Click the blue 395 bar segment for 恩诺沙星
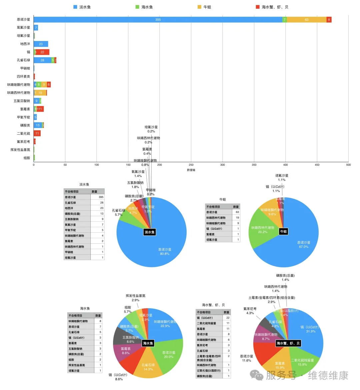pyautogui.click(x=158, y=20)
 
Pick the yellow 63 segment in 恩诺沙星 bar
pyautogui.click(x=306, y=20)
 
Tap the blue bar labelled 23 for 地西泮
pyautogui.click(x=41, y=44)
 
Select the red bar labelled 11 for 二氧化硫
pyautogui.click(x=37, y=133)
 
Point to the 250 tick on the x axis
pyautogui.click(x=191, y=165)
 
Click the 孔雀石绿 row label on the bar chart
pyautogui.click(x=23, y=60)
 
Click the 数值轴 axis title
pyautogui.click(x=191, y=170)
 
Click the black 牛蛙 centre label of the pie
pyautogui.click(x=283, y=231)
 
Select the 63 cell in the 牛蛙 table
pyautogui.click(x=237, y=212)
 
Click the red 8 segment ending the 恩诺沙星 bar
pyautogui.click(x=329, y=20)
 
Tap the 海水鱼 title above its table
pyautogui.click(x=85, y=308)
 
